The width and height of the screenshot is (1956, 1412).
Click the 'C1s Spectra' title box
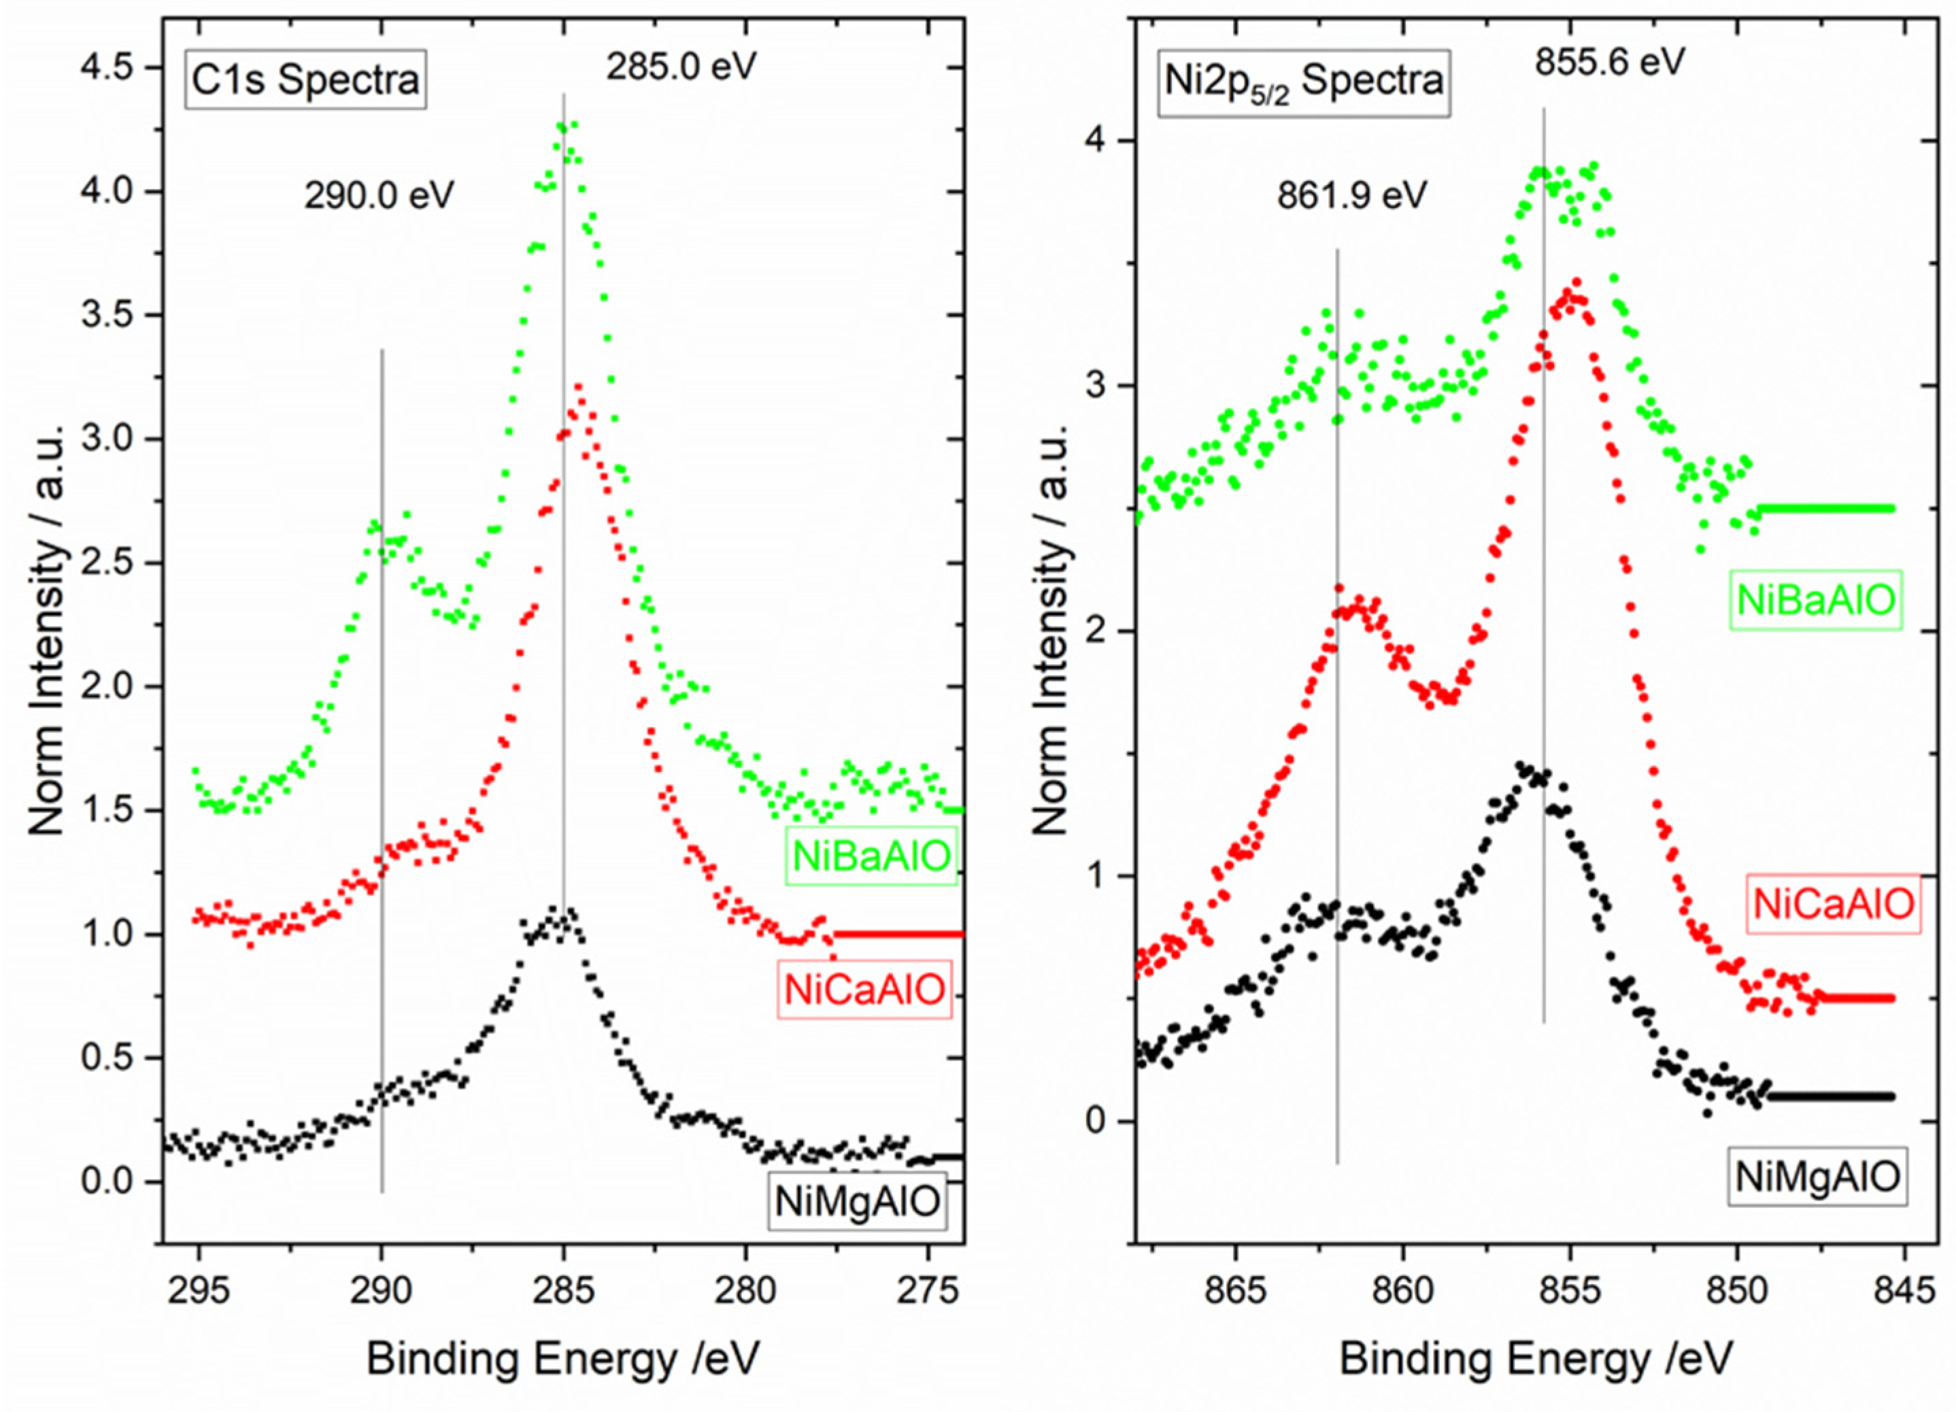pos(305,80)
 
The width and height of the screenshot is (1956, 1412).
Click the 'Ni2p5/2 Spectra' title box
pos(1303,81)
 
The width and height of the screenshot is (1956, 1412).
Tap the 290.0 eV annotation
pos(379,197)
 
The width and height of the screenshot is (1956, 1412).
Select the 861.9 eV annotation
pos(1352,196)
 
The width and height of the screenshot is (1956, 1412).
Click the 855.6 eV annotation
pos(1609,62)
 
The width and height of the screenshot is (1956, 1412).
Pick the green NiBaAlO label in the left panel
pos(871,856)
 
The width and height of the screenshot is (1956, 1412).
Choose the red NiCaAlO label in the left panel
pos(865,990)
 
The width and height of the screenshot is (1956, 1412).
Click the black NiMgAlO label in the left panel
pos(857,1200)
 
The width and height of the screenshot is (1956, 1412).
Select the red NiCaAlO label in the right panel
pos(1834,904)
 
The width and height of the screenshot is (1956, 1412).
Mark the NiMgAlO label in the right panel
pos(1817,1177)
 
